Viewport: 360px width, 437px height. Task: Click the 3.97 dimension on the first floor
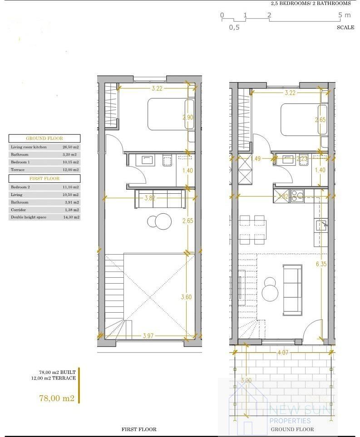point(148,336)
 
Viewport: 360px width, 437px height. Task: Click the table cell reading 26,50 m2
point(70,147)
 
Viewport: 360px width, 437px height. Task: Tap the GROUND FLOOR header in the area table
point(44,138)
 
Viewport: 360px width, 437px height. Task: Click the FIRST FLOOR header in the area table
point(44,178)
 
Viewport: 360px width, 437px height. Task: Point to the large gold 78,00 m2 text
point(57,398)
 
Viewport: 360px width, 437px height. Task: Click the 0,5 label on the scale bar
point(234,27)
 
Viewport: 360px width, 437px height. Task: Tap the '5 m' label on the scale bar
point(345,15)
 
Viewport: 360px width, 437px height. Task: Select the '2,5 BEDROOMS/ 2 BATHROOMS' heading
point(311,3)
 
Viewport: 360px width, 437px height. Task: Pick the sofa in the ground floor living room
point(292,290)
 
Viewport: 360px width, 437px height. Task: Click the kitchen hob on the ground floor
point(297,195)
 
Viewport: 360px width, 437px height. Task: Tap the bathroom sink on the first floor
point(148,160)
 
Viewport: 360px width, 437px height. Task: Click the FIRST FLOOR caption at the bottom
point(139,429)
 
